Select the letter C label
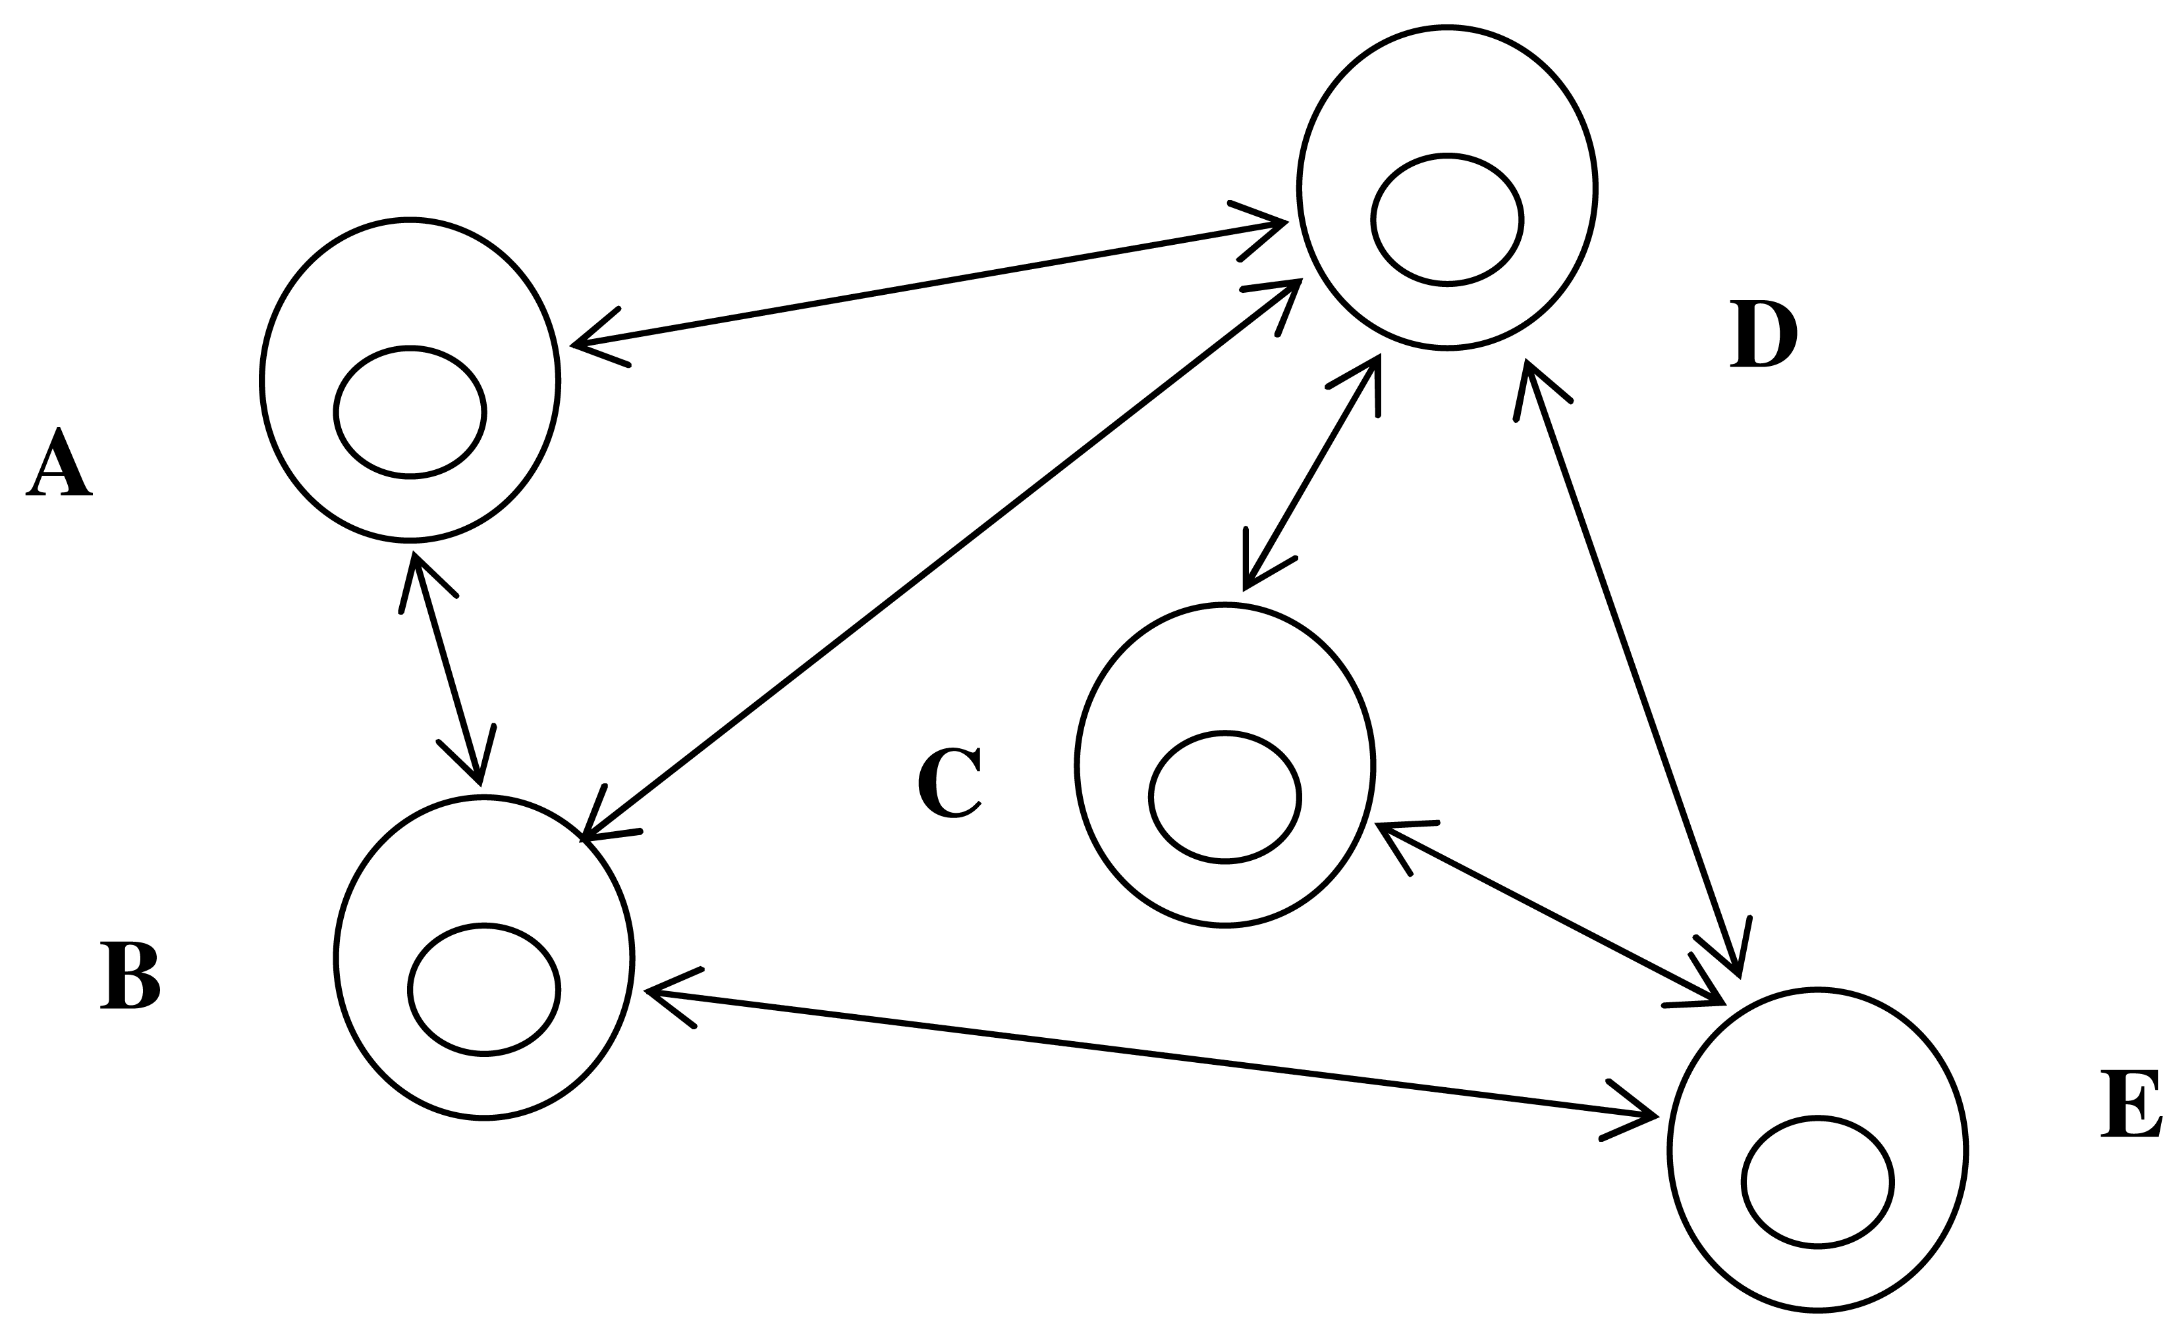(x=949, y=783)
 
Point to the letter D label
(x=1763, y=335)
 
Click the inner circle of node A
(x=410, y=412)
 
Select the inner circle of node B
(x=484, y=989)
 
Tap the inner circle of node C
(x=1224, y=796)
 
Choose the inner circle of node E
(x=1817, y=1181)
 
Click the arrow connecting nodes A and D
(x=925, y=284)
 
